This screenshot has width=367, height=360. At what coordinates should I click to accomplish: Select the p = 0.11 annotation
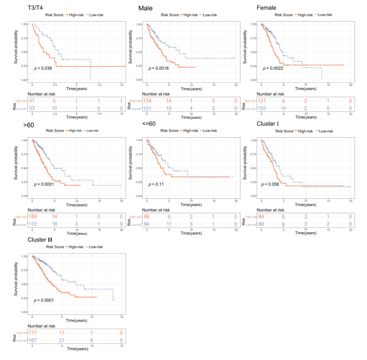coord(155,184)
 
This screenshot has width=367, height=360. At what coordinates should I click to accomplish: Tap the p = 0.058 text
coord(271,184)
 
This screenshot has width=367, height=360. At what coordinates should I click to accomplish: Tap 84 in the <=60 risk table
coord(147,224)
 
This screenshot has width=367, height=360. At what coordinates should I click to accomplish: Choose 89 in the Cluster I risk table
coord(262,224)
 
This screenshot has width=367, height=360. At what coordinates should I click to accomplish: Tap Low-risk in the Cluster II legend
coord(96,247)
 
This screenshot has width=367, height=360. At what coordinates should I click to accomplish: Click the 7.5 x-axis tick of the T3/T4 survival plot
coord(99,85)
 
